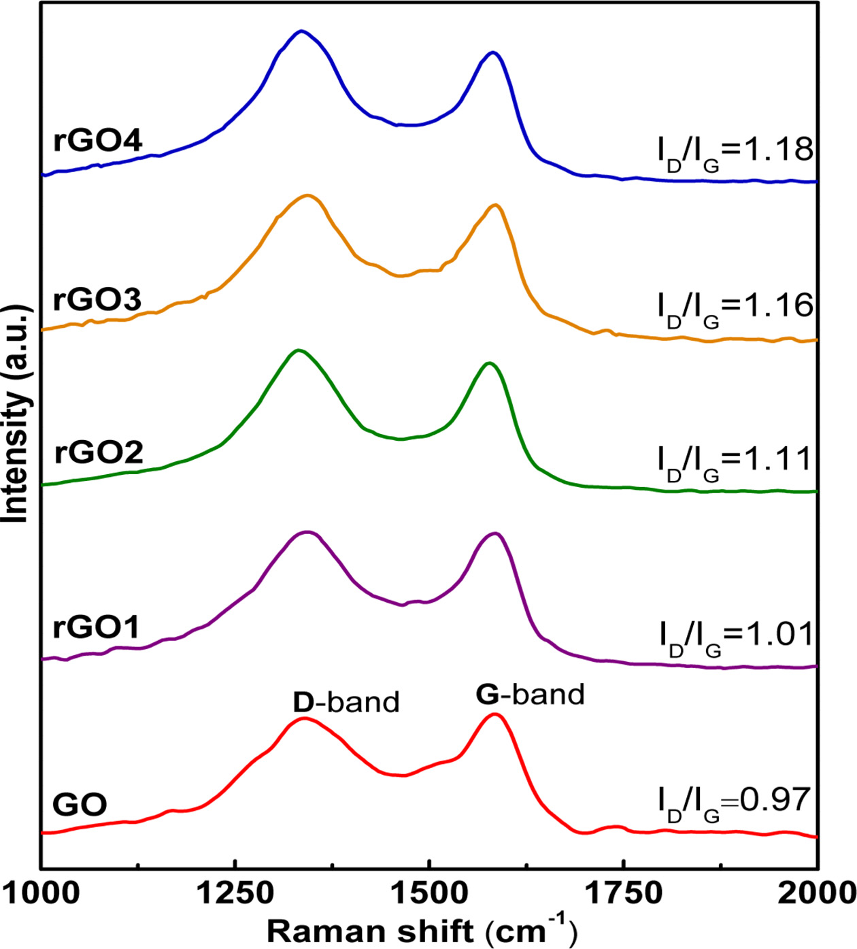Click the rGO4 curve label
[97, 141]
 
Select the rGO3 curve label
[97, 299]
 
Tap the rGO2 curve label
[99, 452]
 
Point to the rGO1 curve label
[96, 627]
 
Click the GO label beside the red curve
[80, 805]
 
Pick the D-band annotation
[346, 702]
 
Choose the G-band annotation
[530, 694]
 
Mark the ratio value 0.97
[775, 799]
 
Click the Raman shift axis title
[422, 930]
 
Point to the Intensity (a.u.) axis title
[17, 414]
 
